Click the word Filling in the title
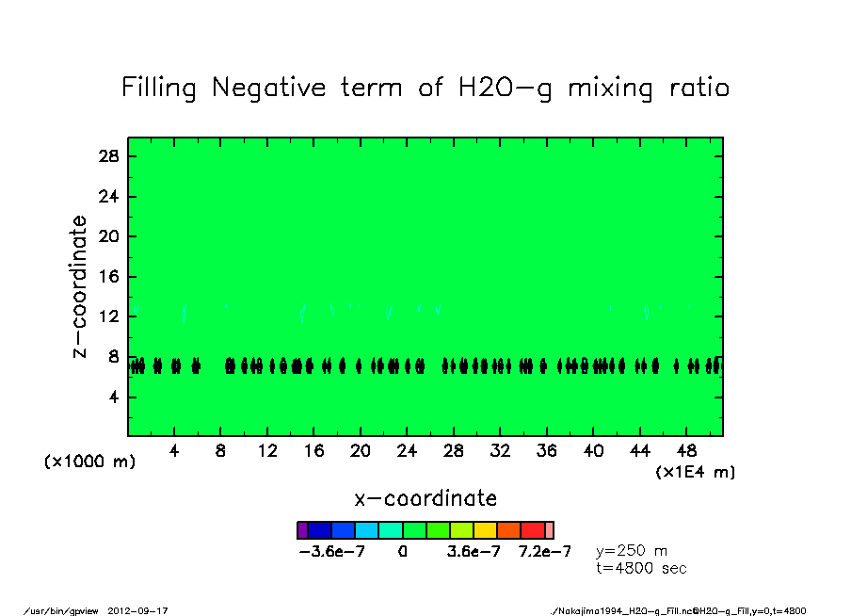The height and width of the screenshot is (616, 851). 159,89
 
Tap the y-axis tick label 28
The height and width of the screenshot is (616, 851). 109,156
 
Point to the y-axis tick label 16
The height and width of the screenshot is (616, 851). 109,277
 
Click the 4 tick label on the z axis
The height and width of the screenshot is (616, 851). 114,397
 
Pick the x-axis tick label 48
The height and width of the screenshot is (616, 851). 686,451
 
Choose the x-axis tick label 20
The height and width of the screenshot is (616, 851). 360,451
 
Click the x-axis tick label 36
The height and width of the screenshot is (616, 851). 546,451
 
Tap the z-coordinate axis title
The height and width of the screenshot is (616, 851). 81,286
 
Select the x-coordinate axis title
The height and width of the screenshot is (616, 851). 425,498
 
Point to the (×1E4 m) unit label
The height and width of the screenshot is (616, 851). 696,472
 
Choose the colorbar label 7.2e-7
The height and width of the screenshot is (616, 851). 544,552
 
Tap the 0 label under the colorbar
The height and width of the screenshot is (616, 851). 402,552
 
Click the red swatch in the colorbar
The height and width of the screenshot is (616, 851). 533,530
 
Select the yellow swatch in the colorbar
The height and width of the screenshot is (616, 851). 485,530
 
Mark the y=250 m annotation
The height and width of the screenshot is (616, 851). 633,551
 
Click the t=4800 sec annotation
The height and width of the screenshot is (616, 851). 641,568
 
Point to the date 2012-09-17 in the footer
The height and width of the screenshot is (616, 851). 144,610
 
